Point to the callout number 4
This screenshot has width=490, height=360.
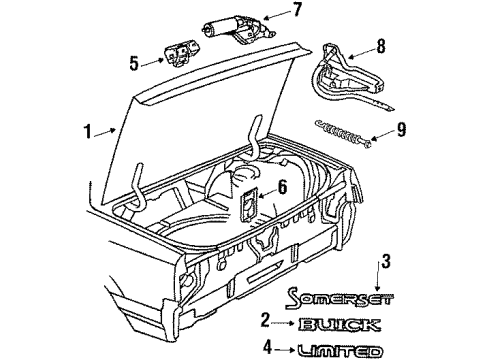click(268, 350)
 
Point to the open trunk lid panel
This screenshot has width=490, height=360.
click(190, 130)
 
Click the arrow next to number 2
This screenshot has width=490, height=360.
click(284, 323)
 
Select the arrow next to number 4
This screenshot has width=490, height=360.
click(285, 350)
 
